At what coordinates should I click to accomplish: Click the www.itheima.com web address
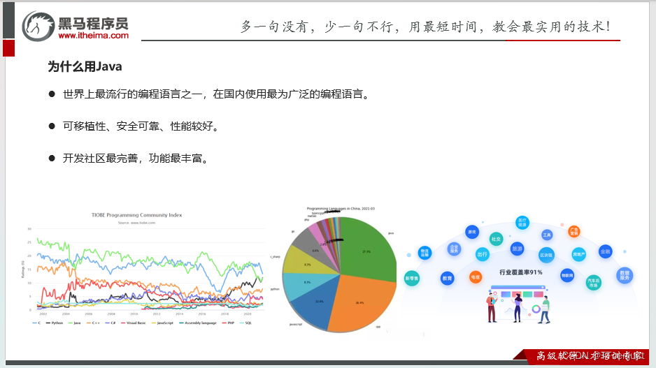(x=93, y=35)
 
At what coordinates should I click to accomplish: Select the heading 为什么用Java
(x=85, y=66)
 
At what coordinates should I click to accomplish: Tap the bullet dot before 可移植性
(x=52, y=126)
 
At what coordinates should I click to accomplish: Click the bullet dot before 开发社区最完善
(x=52, y=159)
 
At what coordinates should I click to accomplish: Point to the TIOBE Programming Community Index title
(x=137, y=215)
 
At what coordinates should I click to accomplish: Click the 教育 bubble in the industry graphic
(x=447, y=278)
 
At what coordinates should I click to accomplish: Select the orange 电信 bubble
(x=476, y=277)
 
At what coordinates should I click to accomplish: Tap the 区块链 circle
(x=546, y=255)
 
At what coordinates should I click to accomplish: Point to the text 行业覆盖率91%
(x=520, y=272)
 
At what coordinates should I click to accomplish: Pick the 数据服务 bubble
(x=625, y=275)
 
